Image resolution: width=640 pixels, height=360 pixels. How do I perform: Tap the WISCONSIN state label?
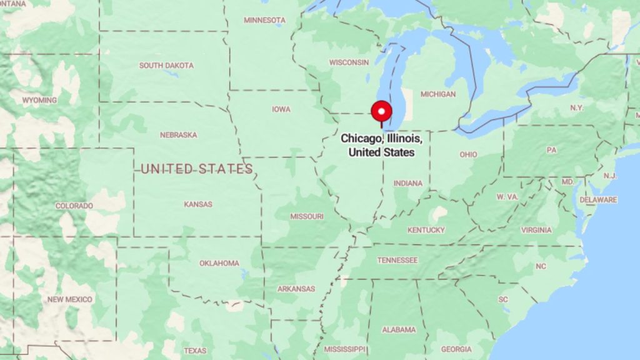349,62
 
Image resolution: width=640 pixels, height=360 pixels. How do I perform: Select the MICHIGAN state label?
438,94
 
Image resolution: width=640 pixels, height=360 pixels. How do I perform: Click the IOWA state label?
281,109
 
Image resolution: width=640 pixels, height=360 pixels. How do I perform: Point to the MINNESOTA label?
264,20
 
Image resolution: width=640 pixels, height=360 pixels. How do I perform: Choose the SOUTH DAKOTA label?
166,65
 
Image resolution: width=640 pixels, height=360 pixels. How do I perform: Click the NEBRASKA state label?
178,134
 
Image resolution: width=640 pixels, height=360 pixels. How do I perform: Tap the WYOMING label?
39,100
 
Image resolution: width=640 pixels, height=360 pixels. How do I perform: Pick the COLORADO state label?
74,206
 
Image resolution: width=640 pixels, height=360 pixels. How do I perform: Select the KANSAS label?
198,204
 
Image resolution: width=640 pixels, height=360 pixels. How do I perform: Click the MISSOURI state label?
307,216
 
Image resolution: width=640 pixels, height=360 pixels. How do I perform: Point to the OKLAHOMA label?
219,263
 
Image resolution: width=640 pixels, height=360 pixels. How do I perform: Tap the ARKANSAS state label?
296,289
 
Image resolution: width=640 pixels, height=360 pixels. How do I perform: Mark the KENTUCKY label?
426,230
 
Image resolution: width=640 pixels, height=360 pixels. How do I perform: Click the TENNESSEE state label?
397,260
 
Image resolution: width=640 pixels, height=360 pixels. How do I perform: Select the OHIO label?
468,154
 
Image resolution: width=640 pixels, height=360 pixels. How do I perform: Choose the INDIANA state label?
407,183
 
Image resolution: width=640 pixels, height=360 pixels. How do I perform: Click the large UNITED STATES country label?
197,169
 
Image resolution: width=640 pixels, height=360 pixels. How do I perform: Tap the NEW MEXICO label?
70,299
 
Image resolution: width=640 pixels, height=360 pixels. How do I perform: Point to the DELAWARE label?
598,200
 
